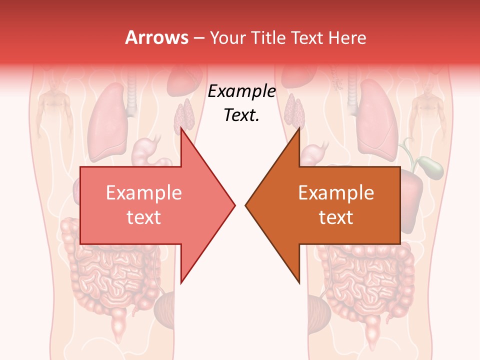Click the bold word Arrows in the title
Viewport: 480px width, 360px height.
point(157,37)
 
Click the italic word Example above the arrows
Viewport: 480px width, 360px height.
point(242,91)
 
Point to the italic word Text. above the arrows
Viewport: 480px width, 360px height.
point(242,115)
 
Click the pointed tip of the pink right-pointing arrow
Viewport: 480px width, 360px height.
point(235,205)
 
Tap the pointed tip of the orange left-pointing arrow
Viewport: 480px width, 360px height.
point(245,205)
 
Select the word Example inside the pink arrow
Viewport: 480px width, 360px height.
point(144,193)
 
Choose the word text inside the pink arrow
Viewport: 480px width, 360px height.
point(144,217)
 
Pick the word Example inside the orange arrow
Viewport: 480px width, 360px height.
point(336,193)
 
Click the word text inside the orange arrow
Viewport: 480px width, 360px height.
point(336,217)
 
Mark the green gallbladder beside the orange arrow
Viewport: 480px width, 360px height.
point(430,167)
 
